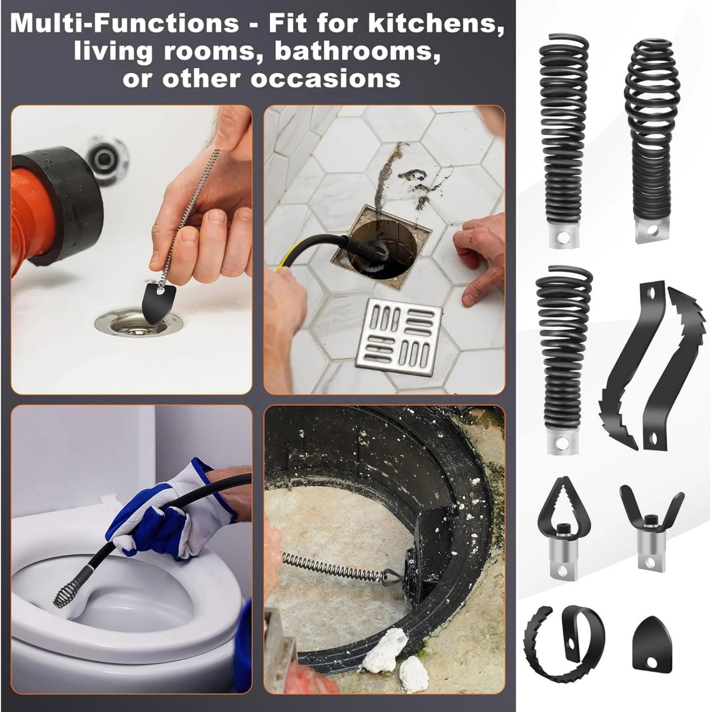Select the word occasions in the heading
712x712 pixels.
325,78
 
